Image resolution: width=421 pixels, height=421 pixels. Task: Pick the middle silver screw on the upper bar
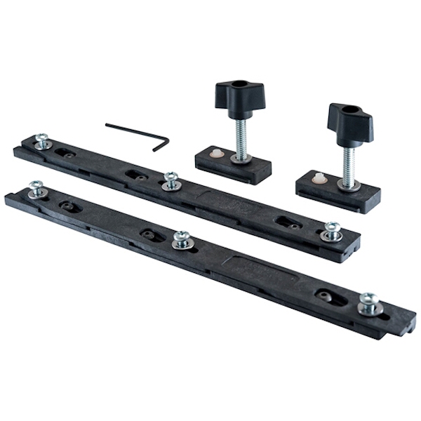pyautogui.click(x=171, y=180)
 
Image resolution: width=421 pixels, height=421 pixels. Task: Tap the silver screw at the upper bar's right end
pyautogui.click(x=331, y=231)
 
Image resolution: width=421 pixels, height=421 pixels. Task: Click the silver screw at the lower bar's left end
pyautogui.click(x=36, y=188)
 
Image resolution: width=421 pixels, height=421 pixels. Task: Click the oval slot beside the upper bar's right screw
pyautogui.click(x=288, y=222)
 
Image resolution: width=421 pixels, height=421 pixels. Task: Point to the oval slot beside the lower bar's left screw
pyautogui.click(x=70, y=206)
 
